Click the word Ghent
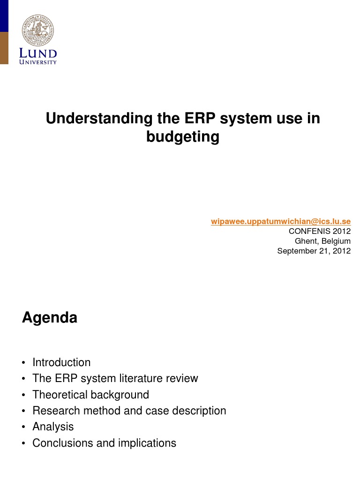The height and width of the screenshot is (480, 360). [x=305, y=241]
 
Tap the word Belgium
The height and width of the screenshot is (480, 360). [x=335, y=241]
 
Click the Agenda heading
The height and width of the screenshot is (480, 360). [x=50, y=318]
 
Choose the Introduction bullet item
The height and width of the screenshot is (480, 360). [x=61, y=362]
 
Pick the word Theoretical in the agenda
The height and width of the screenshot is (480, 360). [x=59, y=395]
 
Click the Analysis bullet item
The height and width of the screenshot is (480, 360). [x=53, y=427]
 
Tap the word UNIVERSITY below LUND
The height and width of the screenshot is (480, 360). [x=38, y=62]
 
